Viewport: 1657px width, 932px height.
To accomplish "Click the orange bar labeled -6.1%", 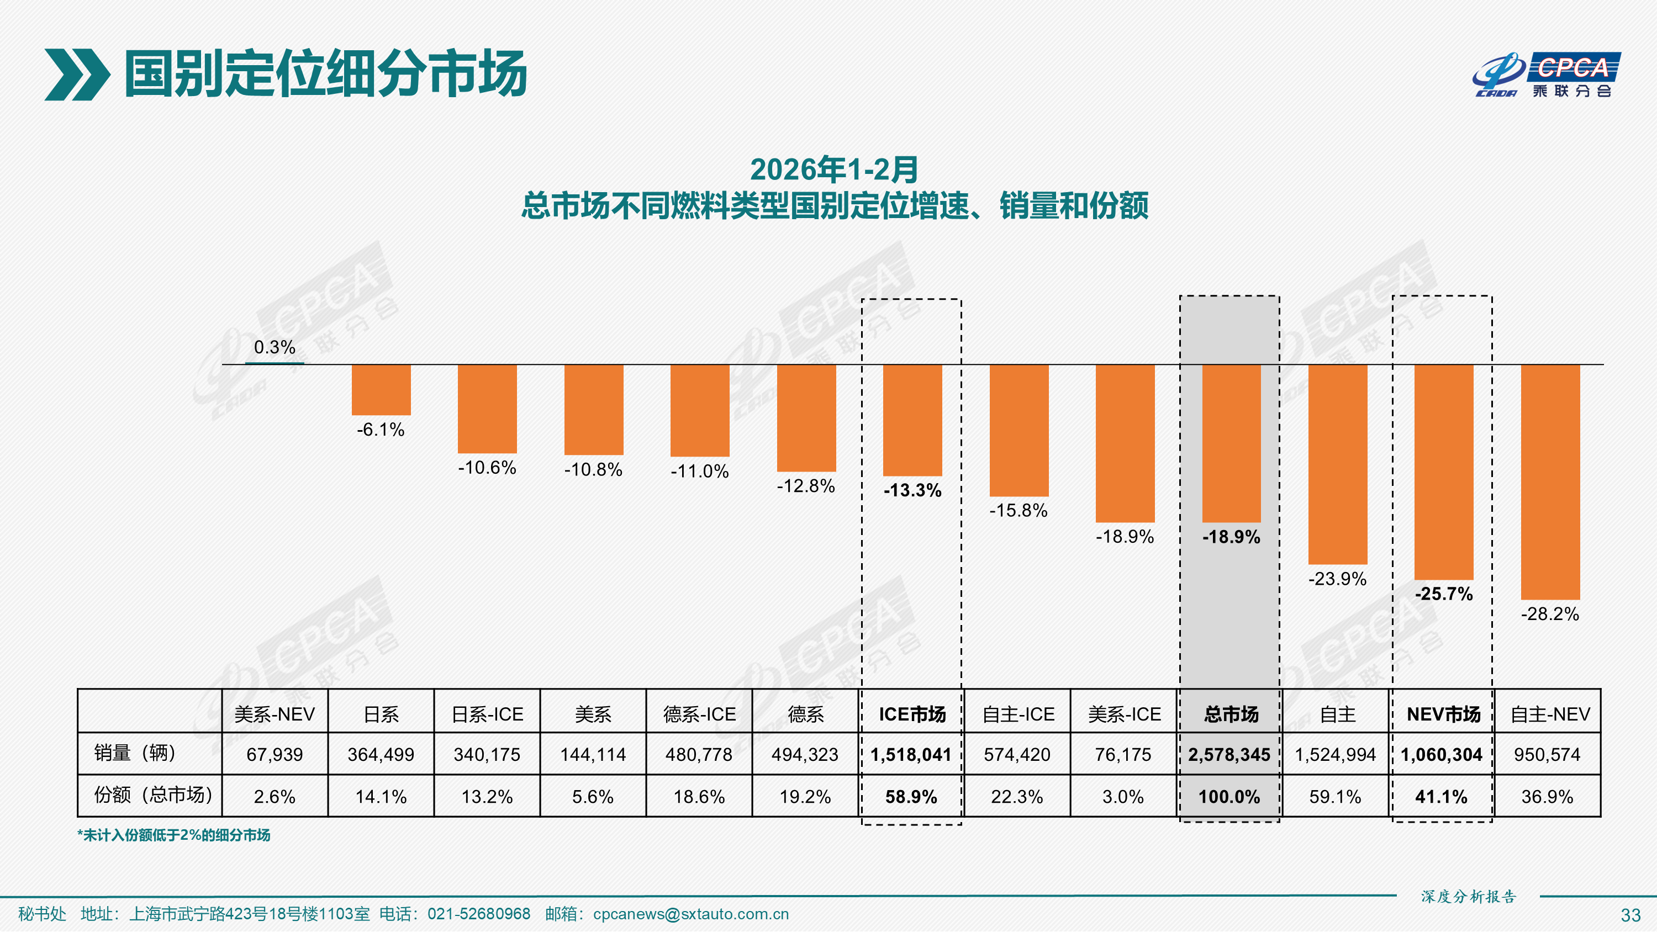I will tap(381, 390).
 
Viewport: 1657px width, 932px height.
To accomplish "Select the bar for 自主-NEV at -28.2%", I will tap(1550, 482).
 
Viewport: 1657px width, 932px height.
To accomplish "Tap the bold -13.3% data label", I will tap(912, 490).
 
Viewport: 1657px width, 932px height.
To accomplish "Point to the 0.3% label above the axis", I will tap(275, 347).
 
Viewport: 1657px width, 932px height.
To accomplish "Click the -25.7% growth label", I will tap(1443, 594).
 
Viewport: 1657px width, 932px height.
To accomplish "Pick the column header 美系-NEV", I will tap(275, 714).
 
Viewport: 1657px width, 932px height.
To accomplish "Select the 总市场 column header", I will tap(1231, 714).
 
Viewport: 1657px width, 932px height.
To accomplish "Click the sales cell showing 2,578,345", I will tap(1228, 754).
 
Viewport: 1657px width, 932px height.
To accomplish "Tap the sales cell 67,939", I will tap(275, 754).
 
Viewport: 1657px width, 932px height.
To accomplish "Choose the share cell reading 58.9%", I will tap(911, 797).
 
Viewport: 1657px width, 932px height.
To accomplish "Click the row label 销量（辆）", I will tap(135, 753).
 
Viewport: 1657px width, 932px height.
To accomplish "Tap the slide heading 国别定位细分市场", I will tap(325, 75).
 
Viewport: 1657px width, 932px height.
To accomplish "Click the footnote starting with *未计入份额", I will tap(173, 835).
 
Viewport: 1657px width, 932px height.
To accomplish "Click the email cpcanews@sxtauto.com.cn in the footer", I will tap(690, 914).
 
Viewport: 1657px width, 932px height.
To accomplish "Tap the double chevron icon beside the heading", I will tap(77, 75).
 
